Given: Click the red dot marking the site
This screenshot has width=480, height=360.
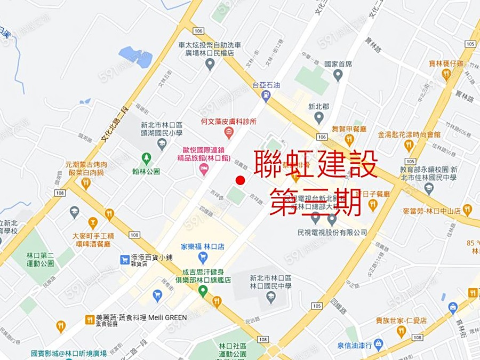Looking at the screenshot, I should (x=240, y=180).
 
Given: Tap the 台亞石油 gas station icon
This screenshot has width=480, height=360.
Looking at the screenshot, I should (x=266, y=95).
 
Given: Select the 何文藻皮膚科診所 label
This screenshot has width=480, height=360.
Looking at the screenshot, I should (x=229, y=122).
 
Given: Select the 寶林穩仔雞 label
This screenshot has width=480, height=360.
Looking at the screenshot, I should (x=446, y=63).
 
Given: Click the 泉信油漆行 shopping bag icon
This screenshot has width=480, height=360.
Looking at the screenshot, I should (x=378, y=344).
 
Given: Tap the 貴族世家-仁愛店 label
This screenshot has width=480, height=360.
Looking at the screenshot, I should (x=401, y=321).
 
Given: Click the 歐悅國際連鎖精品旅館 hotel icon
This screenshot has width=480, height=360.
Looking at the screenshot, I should (x=203, y=169).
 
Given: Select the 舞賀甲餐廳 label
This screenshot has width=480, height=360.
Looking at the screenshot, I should (x=349, y=129).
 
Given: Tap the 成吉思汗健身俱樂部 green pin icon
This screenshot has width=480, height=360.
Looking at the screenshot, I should (x=203, y=291).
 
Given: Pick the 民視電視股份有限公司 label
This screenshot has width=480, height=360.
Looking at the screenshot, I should (x=332, y=233).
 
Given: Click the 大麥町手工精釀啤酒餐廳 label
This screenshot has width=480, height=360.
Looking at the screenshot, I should (x=93, y=239).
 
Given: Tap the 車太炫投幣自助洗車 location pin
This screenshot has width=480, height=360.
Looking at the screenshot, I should (x=210, y=64).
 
